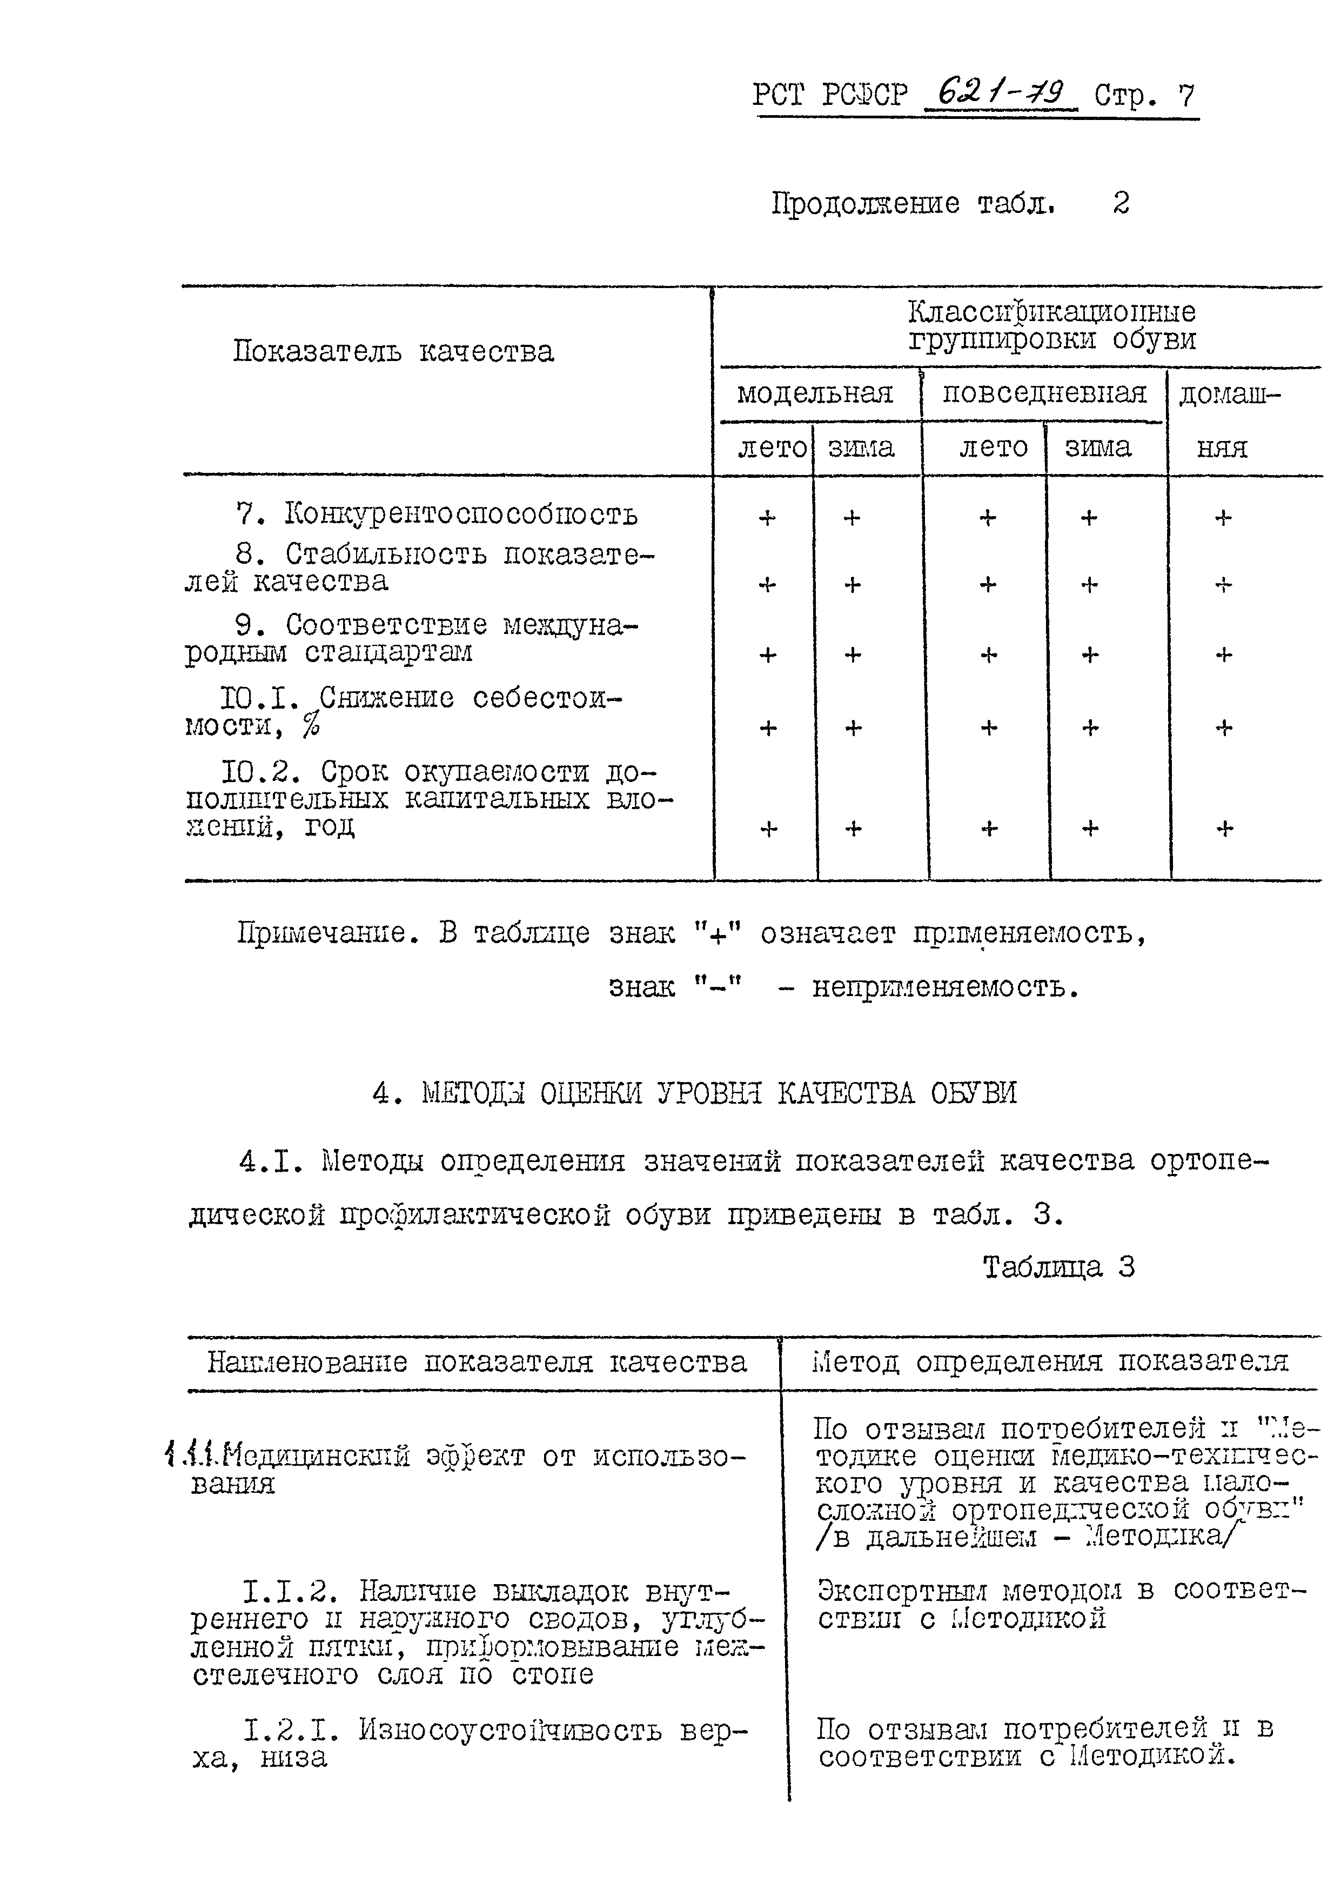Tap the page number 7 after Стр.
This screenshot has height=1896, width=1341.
point(1186,96)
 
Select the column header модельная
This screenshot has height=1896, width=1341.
point(815,392)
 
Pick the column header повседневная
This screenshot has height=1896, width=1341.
point(1044,392)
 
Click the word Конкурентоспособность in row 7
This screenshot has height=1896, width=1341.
point(461,515)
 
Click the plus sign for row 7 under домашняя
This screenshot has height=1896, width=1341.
point(1223,518)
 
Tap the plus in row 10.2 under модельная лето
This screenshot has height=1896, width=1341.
point(768,828)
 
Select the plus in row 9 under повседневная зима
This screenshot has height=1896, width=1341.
point(1090,655)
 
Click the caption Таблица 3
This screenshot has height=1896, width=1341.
point(1058,1267)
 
